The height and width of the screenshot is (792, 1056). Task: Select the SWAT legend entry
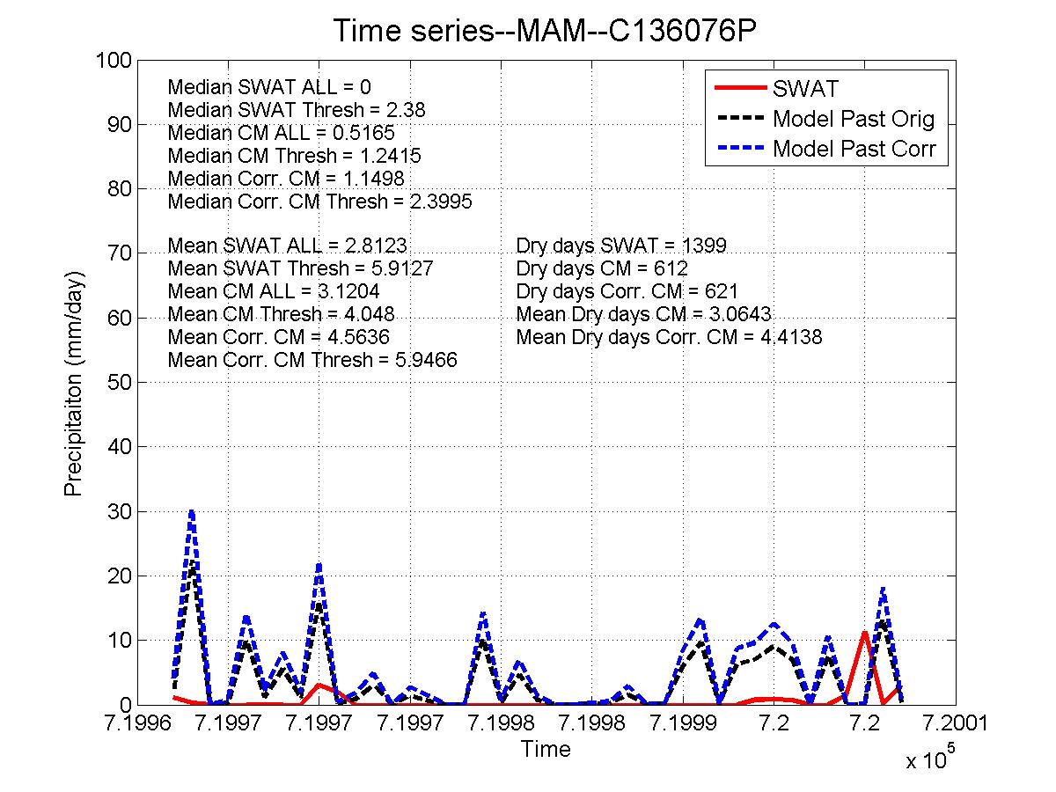click(805, 89)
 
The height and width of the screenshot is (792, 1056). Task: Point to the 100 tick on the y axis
click(121, 60)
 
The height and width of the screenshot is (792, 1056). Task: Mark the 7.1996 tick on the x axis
click(137, 723)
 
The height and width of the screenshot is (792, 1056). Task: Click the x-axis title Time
click(546, 750)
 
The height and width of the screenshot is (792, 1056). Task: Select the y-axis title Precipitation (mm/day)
click(74, 383)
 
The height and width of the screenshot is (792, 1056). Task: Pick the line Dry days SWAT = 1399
click(621, 246)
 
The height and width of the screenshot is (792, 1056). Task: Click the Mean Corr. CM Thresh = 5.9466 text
click(312, 360)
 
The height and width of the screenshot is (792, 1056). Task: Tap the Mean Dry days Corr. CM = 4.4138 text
click(669, 337)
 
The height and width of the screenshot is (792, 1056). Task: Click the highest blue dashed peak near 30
click(192, 511)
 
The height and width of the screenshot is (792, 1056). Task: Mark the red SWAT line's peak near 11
click(865, 633)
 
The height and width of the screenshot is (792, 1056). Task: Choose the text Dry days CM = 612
click(602, 268)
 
